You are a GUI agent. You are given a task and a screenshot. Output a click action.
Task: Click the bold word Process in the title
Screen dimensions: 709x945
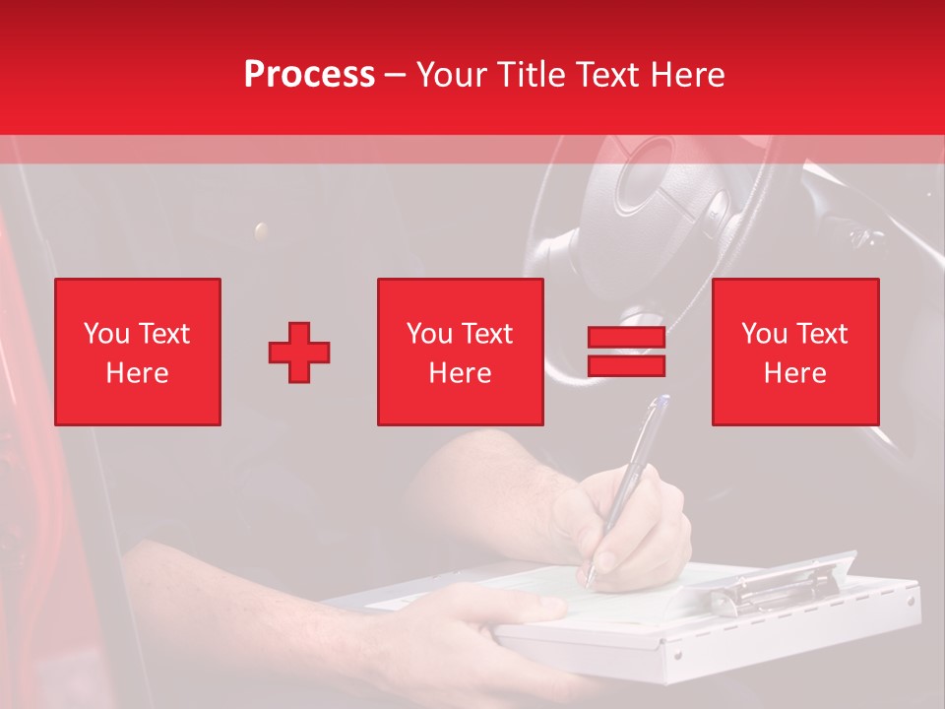click(x=309, y=75)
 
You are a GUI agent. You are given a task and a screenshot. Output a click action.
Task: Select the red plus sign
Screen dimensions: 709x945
click(x=299, y=353)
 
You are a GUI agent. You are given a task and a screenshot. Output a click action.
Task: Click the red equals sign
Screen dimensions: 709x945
click(x=626, y=353)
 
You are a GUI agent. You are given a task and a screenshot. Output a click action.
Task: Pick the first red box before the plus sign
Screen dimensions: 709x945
click(x=138, y=353)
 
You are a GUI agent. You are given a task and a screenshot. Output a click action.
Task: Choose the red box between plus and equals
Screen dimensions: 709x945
click(x=460, y=353)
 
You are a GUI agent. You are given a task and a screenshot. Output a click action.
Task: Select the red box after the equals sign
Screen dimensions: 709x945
click(x=794, y=353)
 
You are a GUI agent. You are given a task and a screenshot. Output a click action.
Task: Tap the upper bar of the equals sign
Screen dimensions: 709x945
click(x=626, y=338)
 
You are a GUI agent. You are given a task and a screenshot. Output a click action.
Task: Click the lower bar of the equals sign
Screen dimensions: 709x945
click(x=626, y=366)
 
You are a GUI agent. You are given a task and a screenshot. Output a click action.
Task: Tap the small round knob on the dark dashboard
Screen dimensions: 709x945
click(x=261, y=231)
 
